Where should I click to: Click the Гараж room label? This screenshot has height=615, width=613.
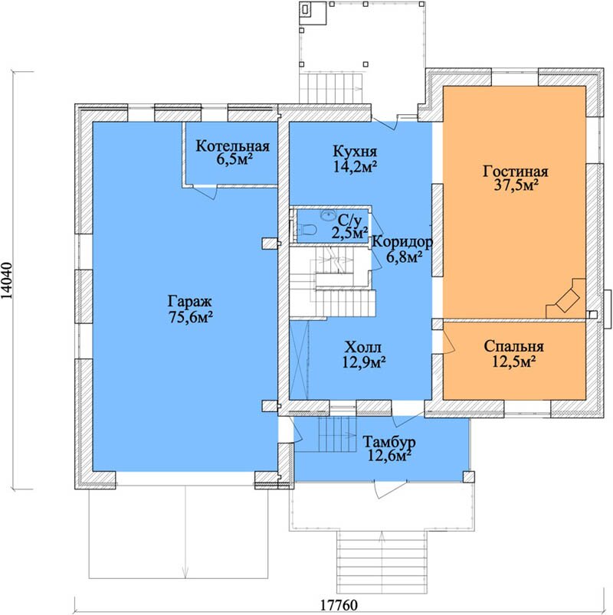(x=190, y=302)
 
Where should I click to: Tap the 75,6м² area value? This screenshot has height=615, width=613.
(x=191, y=316)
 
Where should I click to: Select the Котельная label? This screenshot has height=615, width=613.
(x=233, y=146)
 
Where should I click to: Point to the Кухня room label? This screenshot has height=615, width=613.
(x=355, y=152)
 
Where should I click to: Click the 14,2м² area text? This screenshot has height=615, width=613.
(x=356, y=166)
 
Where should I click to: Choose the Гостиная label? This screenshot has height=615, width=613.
(x=515, y=172)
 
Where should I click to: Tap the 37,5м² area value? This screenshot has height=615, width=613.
(x=516, y=185)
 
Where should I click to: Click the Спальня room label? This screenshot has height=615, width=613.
(x=513, y=346)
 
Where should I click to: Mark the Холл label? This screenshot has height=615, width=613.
(x=362, y=347)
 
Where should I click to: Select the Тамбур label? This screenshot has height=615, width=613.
(x=389, y=443)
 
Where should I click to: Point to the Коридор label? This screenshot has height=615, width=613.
(x=402, y=242)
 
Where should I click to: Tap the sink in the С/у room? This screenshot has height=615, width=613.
(x=328, y=214)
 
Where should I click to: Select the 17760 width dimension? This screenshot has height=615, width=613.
(x=339, y=605)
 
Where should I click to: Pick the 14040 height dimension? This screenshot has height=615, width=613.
(x=7, y=280)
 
